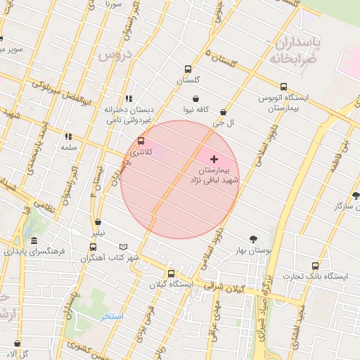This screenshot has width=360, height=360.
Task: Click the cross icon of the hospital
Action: pyautogui.click(x=214, y=160)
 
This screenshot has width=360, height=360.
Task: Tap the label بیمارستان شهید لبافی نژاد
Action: pyautogui.click(x=214, y=176)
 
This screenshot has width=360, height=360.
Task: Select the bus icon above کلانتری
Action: pyautogui.click(x=141, y=141)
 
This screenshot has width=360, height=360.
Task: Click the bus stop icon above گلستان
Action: pyautogui.click(x=188, y=69)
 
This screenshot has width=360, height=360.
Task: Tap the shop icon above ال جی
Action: pyautogui.click(x=223, y=112)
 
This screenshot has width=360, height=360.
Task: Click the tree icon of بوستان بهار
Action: pyautogui.click(x=253, y=238)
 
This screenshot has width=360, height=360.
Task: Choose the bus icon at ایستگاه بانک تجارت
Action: pyautogui.click(x=314, y=266)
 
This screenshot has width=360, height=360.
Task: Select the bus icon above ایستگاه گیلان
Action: pyautogui.click(x=171, y=274)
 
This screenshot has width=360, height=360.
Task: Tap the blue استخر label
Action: pyautogui.click(x=111, y=316)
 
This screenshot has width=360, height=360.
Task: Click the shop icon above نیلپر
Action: pyautogui.click(x=98, y=222)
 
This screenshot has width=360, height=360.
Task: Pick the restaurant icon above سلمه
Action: pyautogui.click(x=68, y=136)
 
